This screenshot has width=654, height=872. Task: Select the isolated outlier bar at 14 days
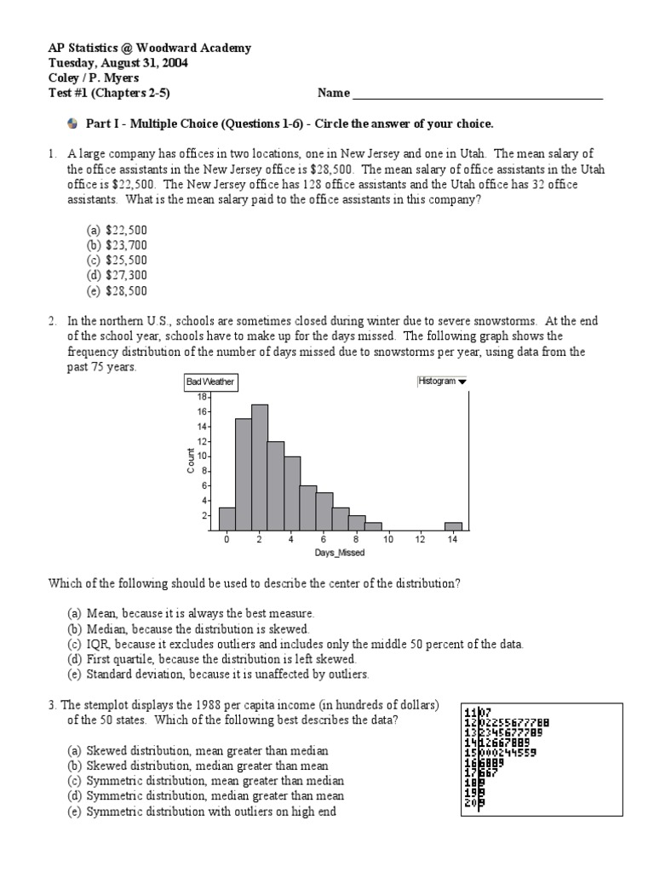tap(454, 525)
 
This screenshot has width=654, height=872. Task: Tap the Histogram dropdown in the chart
tap(442, 381)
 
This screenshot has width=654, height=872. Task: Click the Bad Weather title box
tap(210, 382)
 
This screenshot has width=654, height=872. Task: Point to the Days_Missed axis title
tap(340, 554)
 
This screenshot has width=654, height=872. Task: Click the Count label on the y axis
tap(191, 461)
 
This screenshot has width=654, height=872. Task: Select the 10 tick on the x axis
tap(387, 540)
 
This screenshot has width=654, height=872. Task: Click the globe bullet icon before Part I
tap(72, 123)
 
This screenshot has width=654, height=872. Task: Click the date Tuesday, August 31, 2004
tap(118, 63)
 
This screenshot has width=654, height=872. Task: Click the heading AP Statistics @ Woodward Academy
tap(149, 48)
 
